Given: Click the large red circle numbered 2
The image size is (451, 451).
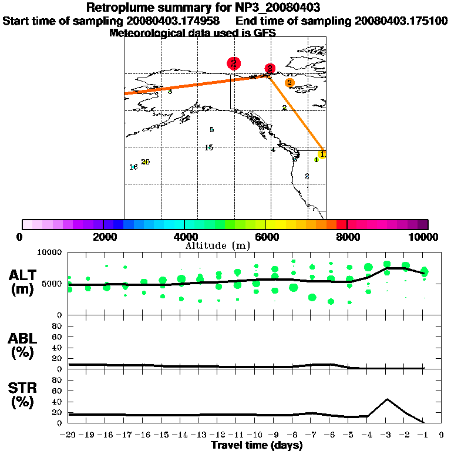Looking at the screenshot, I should click(234, 63).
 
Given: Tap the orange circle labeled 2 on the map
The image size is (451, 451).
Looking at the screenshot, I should click(290, 82).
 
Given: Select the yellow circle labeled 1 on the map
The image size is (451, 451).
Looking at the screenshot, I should click(322, 154).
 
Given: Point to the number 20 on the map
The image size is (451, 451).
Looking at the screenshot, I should click(146, 162).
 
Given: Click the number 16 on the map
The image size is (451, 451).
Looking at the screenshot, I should click(133, 167).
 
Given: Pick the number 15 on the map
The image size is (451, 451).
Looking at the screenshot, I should click(208, 147).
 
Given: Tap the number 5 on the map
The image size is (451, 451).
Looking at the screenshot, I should click(211, 130).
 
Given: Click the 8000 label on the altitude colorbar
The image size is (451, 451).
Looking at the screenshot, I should click(348, 237).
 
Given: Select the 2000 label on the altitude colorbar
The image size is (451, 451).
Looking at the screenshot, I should click(103, 237).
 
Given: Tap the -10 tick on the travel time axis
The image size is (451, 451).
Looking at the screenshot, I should click(255, 435).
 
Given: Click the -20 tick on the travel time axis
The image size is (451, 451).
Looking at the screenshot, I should click(69, 435).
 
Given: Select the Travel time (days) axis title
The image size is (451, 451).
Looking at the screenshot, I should click(257, 445).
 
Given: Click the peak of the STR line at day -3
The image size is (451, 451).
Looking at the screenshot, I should click(386, 399).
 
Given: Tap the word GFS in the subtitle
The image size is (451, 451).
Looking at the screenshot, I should click(265, 33).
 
